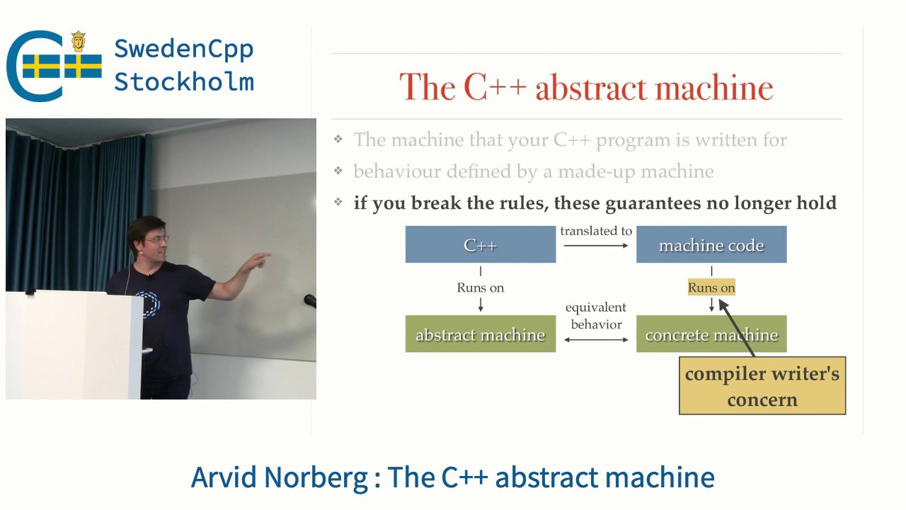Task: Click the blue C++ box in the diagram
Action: (x=480, y=245)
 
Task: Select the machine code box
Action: (x=711, y=245)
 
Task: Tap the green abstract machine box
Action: (x=480, y=334)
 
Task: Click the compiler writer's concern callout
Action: (x=762, y=386)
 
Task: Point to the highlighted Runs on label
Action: (x=711, y=287)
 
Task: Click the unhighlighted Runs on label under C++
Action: (x=481, y=288)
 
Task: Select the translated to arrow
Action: (x=596, y=245)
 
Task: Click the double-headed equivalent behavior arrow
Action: (x=596, y=340)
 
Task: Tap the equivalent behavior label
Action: (x=596, y=316)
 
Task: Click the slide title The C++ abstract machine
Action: (x=586, y=88)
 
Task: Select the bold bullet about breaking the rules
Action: (x=595, y=203)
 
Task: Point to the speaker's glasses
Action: (x=157, y=239)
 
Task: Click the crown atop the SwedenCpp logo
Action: (x=78, y=41)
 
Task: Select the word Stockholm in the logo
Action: (x=183, y=81)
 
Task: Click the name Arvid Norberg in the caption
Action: (x=279, y=477)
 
